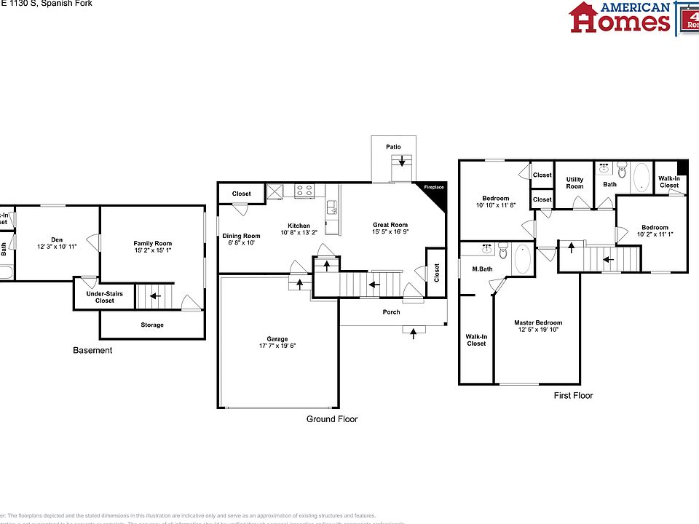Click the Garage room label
[277, 339]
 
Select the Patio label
[393, 147]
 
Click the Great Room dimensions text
[390, 233]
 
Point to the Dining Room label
[241, 236]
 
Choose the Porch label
[392, 312]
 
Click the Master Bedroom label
[538, 323]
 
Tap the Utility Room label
[574, 183]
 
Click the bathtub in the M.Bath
[523, 258]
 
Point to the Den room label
[57, 239]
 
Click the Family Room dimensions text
[153, 251]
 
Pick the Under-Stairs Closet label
[100, 297]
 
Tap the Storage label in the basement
[152, 325]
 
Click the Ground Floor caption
[331, 419]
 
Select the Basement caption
[92, 351]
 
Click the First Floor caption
[573, 396]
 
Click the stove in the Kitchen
[304, 191]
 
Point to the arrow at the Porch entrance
[414, 333]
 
